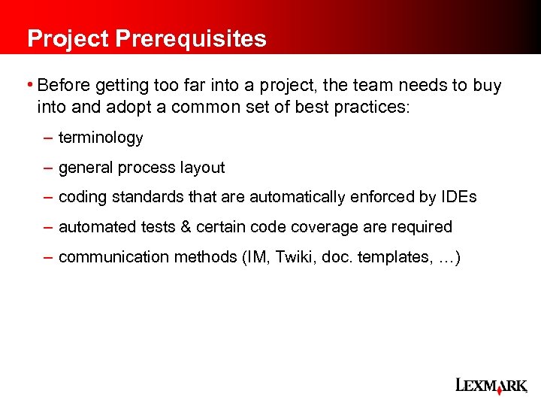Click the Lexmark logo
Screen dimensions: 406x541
click(x=491, y=386)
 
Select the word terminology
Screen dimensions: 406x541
click(x=101, y=138)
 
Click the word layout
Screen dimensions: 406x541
click(x=202, y=168)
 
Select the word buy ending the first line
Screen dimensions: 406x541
click(x=487, y=86)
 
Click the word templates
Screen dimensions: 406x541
click(x=390, y=257)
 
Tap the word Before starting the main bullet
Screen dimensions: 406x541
click(x=62, y=85)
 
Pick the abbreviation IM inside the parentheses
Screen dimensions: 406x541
click(x=257, y=257)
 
